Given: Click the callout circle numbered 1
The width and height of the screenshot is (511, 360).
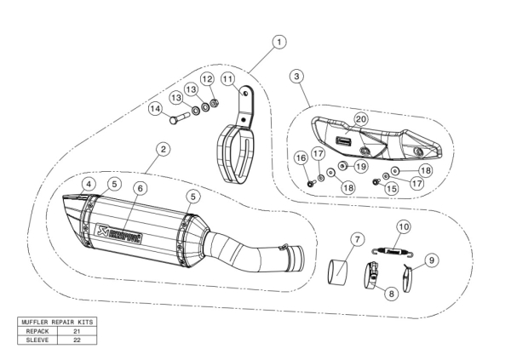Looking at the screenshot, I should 279,42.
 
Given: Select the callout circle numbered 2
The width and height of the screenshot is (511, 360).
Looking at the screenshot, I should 163,149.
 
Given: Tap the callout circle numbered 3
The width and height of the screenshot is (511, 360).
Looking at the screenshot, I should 295,77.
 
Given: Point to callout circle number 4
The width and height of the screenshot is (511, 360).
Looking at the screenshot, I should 89,184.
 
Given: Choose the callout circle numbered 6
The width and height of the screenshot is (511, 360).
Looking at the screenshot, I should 141,187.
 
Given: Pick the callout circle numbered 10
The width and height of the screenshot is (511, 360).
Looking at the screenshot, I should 404,226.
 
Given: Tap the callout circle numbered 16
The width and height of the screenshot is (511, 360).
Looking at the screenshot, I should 301,157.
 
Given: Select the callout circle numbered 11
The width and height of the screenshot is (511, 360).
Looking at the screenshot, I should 227,79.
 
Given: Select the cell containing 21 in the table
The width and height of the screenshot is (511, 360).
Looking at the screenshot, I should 77,329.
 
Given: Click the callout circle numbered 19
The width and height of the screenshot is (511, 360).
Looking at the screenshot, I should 360,165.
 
